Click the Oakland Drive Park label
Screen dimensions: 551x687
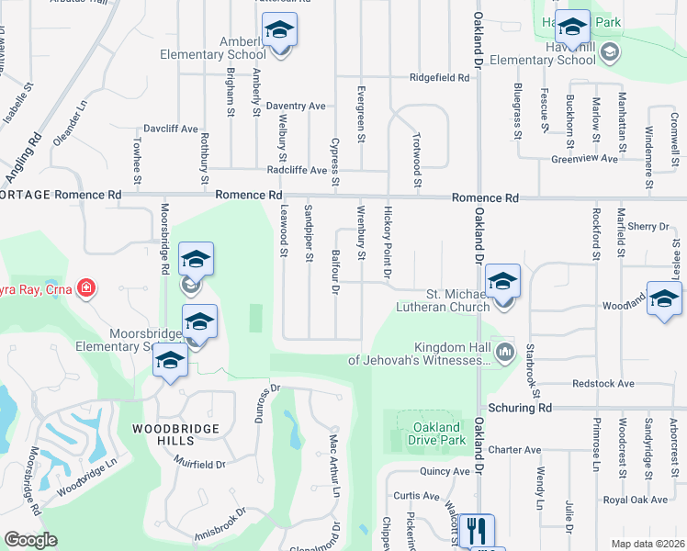[436, 434]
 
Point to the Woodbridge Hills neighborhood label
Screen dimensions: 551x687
[175, 429]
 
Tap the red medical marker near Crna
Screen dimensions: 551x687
[86, 288]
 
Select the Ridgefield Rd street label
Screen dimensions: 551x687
[439, 78]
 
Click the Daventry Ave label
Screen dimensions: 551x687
[296, 107]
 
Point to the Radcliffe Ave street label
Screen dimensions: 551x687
[297, 171]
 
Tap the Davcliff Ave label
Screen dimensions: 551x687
[169, 129]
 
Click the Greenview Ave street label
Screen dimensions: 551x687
[584, 159]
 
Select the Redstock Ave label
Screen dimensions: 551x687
[603, 383]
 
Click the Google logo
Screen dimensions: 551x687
[30, 540]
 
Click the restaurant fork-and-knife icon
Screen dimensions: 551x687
[476, 531]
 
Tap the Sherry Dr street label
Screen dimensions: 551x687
[648, 226]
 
